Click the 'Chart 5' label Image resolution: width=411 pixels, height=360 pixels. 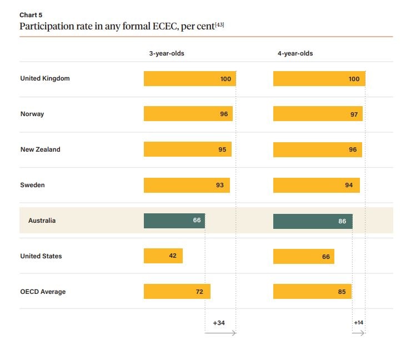(31, 15)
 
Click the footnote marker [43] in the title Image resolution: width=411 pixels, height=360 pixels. (219, 26)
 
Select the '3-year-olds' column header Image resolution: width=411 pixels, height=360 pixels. (166, 54)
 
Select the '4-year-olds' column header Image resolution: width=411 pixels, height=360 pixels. (295, 54)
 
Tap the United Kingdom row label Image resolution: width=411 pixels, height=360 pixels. (45, 78)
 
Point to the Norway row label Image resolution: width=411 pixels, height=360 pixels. (32, 114)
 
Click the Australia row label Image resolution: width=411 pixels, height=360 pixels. (42, 221)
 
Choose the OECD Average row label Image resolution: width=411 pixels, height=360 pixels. (43, 292)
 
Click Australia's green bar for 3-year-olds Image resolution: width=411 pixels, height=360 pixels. (174, 221)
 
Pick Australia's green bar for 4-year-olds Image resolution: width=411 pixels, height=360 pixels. (312, 221)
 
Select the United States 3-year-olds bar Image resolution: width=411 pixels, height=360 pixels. (163, 256)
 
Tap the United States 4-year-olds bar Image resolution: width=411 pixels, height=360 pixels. (303, 257)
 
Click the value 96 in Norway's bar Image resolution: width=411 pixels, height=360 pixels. (224, 114)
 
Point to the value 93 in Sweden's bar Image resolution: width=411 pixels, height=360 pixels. (220, 185)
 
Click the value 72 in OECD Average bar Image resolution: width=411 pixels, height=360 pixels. (199, 292)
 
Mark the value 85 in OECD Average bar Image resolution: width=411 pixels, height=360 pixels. (342, 292)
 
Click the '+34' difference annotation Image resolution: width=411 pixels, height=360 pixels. (219, 323)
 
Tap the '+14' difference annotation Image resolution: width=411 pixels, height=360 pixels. (358, 323)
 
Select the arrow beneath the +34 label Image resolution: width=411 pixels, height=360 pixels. (220, 333)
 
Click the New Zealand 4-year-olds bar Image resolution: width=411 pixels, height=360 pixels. (317, 149)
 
